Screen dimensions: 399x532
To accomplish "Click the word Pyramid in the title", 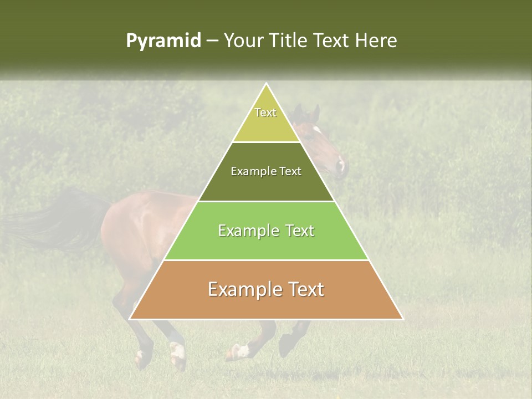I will point(163,41).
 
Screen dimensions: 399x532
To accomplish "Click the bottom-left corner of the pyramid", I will point(130,319).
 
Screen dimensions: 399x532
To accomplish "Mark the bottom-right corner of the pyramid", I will point(402,319).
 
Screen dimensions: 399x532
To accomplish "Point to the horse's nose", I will point(342,165).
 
